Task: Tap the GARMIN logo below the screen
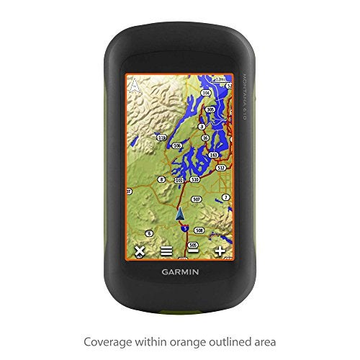(x=180, y=272)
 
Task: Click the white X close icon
(x=140, y=251)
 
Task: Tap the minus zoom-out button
(x=193, y=251)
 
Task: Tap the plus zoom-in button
(x=220, y=251)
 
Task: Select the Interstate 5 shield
(x=184, y=227)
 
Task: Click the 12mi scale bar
(x=221, y=78)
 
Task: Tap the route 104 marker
(x=206, y=93)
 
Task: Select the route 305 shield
(x=210, y=109)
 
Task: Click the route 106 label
(x=177, y=145)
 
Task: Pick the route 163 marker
(x=213, y=155)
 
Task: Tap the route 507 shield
(x=196, y=199)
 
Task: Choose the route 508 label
(x=199, y=230)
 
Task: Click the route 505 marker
(x=192, y=245)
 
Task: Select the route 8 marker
(x=161, y=179)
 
